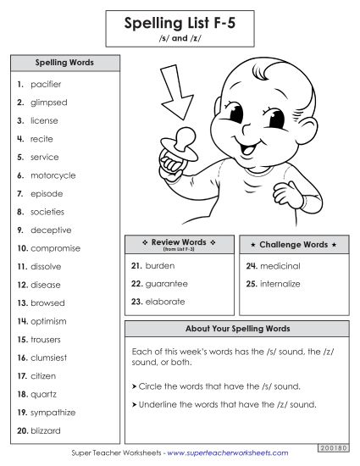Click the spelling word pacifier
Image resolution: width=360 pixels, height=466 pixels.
point(46,85)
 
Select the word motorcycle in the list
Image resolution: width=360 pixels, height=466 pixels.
point(53,175)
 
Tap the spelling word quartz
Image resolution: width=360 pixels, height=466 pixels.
point(44,394)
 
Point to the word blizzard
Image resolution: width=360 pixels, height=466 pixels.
point(47,430)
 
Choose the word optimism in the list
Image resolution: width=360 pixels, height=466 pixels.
point(49,321)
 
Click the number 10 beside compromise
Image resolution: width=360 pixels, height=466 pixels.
point(22,248)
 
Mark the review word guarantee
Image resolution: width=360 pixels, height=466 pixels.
point(166,283)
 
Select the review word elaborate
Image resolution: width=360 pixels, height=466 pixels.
point(164,302)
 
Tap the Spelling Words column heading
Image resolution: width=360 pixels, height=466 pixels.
point(64,63)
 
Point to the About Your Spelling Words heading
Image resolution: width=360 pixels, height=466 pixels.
point(237,328)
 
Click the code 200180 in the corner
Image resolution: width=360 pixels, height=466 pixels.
point(335,446)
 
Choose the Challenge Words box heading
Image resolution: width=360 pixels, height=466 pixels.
point(292,244)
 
